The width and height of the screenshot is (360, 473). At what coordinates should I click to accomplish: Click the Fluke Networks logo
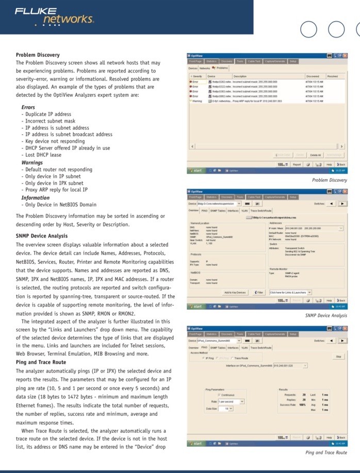pos(54,16)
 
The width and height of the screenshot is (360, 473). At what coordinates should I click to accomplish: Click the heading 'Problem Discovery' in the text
pos(38,55)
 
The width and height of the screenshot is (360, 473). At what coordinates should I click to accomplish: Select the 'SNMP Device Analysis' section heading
pos(42,236)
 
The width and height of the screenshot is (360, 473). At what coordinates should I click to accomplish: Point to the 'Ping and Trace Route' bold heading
pos(41,362)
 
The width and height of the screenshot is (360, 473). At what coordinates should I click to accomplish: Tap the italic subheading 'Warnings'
pos(32,163)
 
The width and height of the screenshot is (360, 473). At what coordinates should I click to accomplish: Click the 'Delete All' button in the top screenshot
pos(316,155)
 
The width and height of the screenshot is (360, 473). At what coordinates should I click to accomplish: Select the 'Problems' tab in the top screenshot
pos(221,68)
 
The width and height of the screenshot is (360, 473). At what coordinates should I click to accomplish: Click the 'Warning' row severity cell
pos(197,101)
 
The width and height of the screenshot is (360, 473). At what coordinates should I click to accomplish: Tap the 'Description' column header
pos(240,76)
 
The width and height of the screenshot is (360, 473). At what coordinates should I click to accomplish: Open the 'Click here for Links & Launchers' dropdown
pos(290,292)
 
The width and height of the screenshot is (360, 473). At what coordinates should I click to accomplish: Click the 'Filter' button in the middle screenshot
pos(259,292)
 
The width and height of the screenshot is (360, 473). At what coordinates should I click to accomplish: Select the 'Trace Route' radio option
pos(240,357)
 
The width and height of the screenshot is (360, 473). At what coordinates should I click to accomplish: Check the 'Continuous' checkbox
pos(223,395)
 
